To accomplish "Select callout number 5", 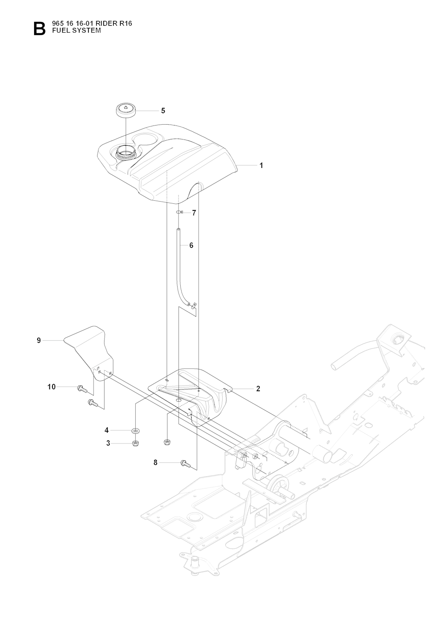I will (x=163, y=111).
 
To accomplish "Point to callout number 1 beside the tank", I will (x=261, y=166).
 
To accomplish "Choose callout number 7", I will (x=194, y=213).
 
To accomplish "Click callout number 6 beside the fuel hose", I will (x=191, y=245).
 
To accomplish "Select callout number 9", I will (x=39, y=340).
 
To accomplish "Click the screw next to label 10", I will (x=82, y=388).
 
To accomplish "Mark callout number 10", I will (x=52, y=387).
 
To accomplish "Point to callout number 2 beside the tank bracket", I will (x=258, y=388).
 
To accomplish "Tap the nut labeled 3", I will (x=136, y=443).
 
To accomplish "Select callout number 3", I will (x=108, y=443).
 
